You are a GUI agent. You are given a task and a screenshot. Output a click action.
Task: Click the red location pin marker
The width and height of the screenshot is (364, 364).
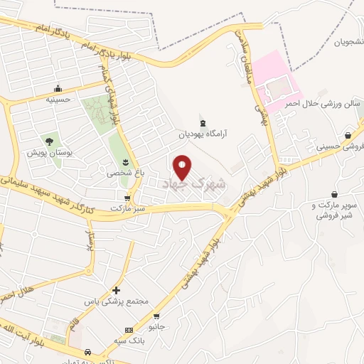coord(182,166)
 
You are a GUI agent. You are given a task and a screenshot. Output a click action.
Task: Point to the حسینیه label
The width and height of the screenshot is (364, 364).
coord(58,100)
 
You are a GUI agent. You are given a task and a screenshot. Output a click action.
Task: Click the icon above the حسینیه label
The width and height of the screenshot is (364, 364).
coord(58,89)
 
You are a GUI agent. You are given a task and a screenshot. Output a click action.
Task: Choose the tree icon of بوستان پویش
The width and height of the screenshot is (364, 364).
coord(49,141)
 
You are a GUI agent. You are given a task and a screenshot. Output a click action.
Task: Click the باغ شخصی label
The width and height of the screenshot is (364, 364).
coord(125,173)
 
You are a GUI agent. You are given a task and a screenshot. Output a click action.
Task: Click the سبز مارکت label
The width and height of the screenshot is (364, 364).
coord(127,209)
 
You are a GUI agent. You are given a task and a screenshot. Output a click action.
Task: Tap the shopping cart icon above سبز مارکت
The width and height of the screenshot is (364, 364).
coord(127,198)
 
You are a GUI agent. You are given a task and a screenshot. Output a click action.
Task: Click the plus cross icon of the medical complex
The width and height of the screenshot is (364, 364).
coord(117,290)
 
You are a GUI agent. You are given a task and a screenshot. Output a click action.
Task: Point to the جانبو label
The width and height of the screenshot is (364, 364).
coord(156,327)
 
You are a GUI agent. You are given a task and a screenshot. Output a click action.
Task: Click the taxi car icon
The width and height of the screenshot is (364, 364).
coord(87,352)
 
